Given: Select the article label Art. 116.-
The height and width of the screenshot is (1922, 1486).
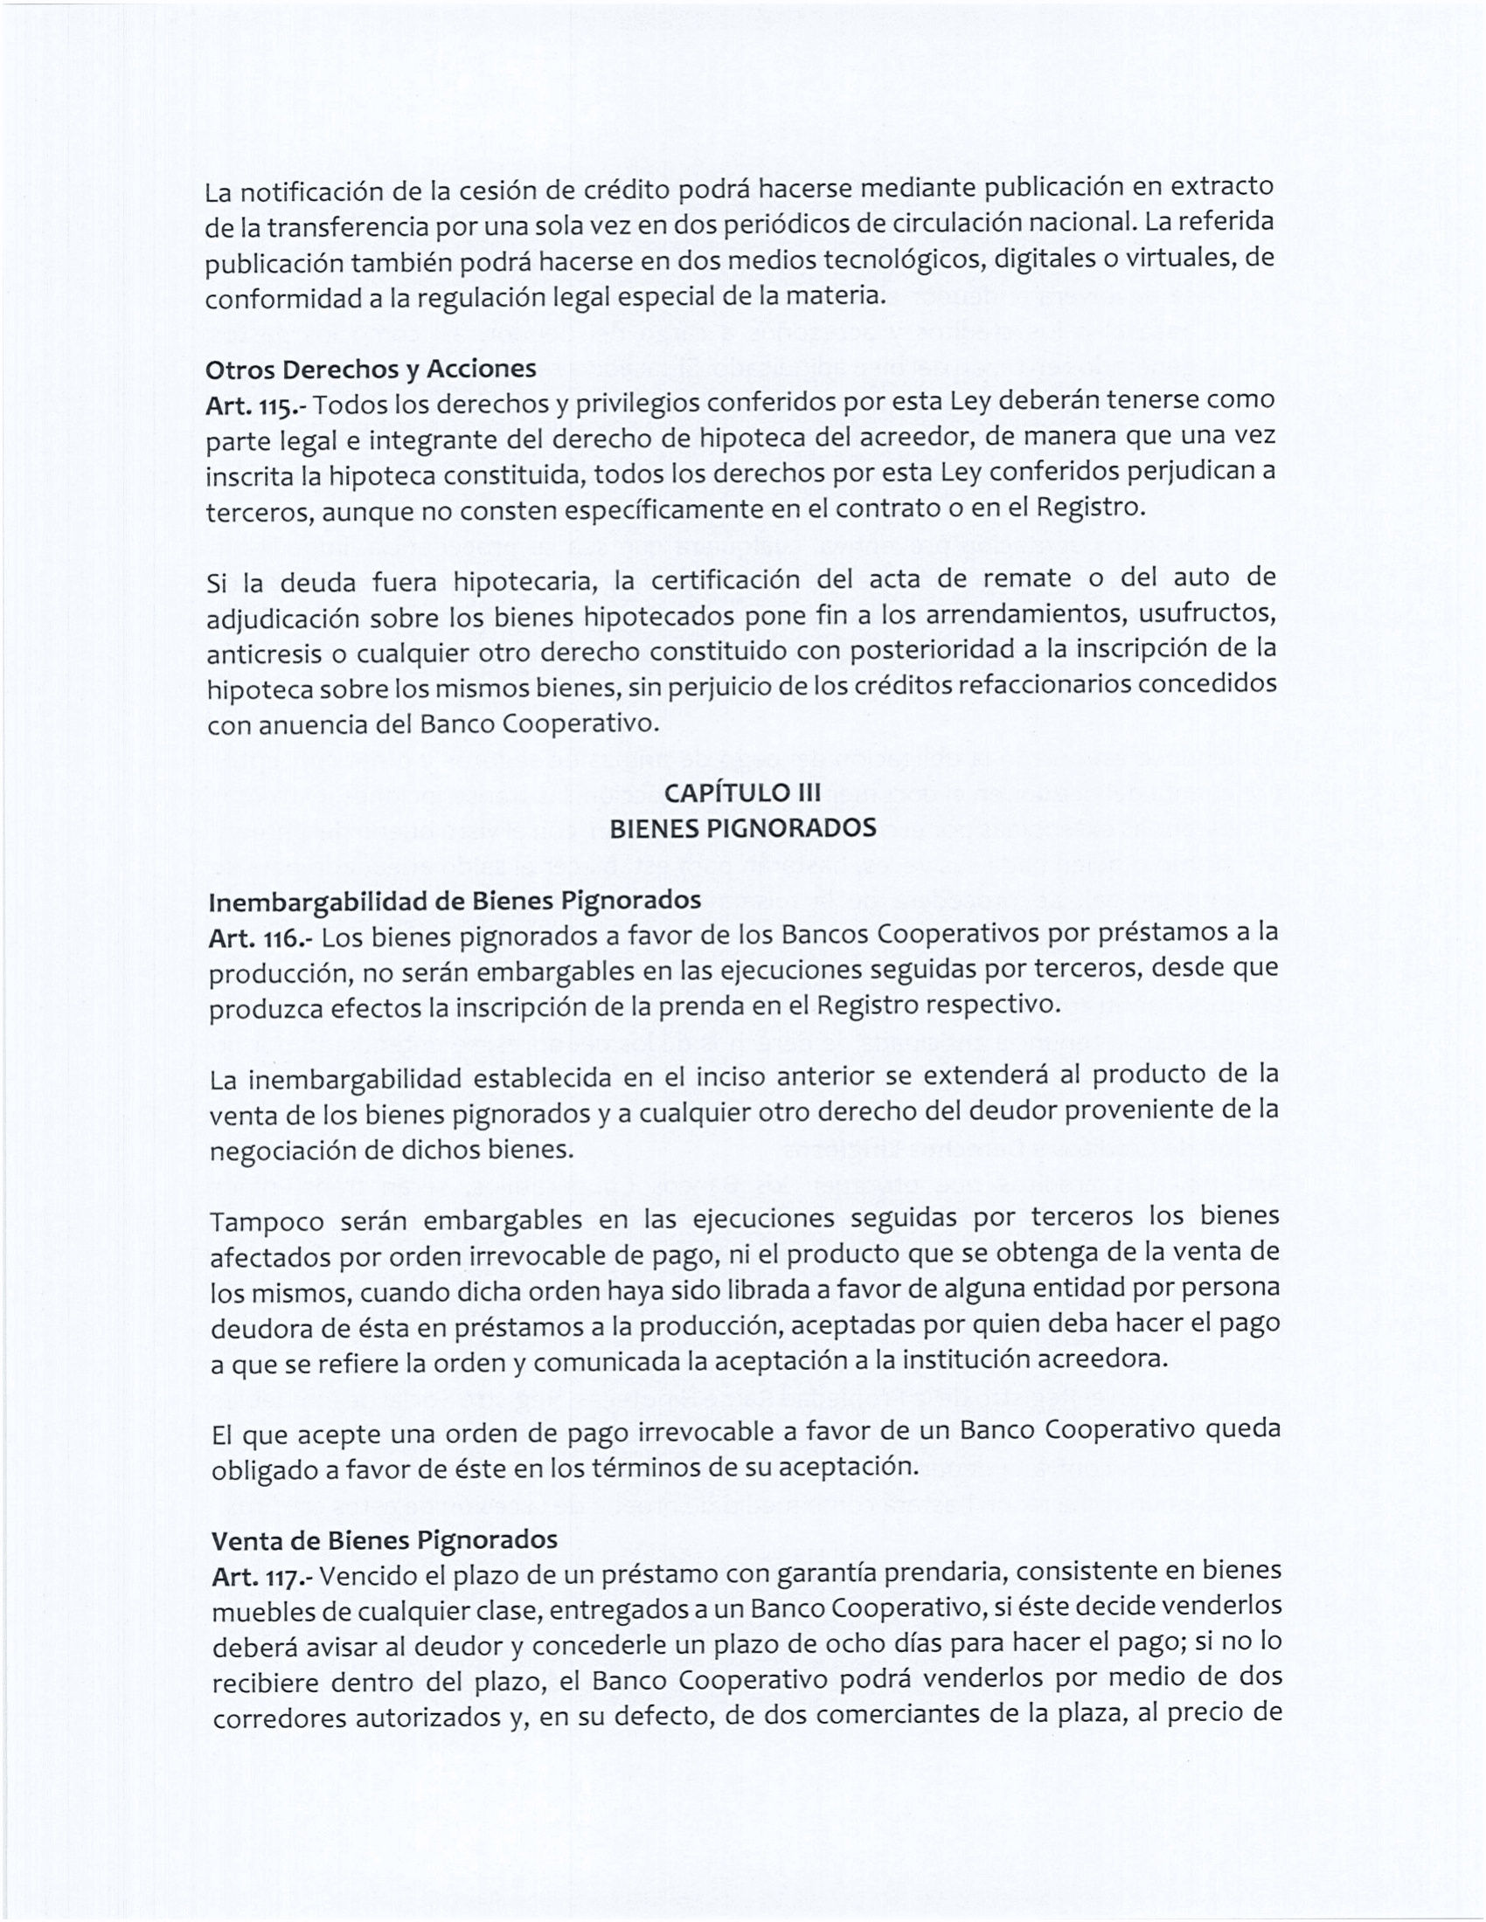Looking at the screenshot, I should tap(260, 939).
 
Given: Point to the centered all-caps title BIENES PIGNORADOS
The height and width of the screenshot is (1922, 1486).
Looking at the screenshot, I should tap(742, 828).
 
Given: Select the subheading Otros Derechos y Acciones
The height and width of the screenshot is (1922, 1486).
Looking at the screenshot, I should tap(371, 369).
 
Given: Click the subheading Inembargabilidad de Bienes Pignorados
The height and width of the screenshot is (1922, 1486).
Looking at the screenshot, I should tap(455, 902).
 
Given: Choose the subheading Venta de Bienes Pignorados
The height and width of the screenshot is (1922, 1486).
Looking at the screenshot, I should tap(384, 1540).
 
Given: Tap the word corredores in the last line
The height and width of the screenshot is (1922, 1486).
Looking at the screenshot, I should tap(277, 1718).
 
